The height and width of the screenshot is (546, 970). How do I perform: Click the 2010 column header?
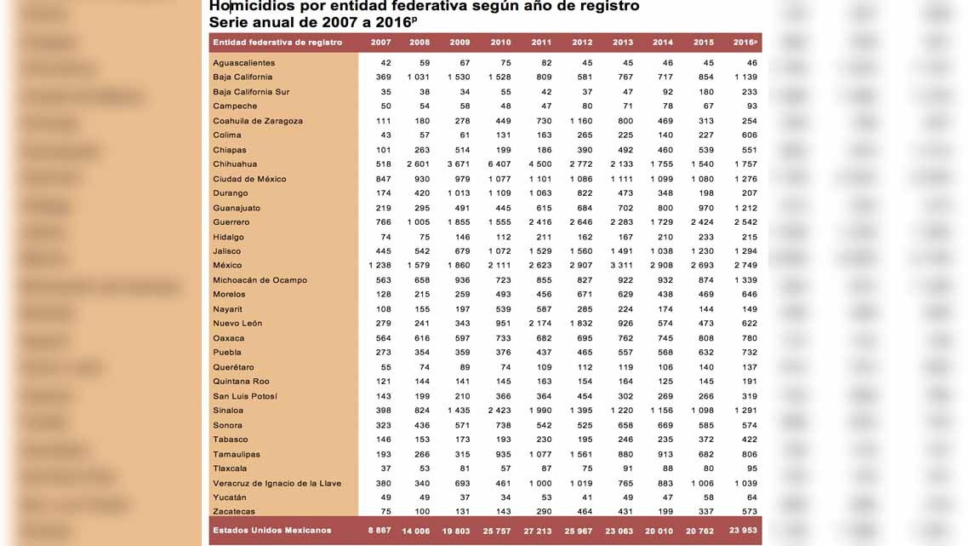(500, 43)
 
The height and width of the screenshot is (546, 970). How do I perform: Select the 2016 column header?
(745, 43)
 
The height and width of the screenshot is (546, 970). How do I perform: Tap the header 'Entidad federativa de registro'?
(277, 43)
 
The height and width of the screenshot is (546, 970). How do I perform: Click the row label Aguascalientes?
(243, 63)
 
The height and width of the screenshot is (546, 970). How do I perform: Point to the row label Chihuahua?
(235, 164)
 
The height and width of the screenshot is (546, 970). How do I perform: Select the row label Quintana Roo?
(241, 382)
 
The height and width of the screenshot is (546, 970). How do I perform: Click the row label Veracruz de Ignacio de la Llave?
(277, 483)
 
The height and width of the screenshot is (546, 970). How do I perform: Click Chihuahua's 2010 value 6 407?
(500, 164)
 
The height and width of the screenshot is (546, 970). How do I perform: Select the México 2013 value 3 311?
(622, 266)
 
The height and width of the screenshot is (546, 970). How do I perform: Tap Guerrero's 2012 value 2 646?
(582, 222)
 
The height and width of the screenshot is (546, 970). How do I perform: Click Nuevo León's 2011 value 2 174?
(541, 324)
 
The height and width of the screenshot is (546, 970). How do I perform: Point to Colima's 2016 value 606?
(748, 135)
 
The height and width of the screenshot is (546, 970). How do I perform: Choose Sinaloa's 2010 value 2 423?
(500, 411)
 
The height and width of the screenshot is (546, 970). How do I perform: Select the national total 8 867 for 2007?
(379, 531)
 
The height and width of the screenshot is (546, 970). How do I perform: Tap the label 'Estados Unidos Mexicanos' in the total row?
(272, 531)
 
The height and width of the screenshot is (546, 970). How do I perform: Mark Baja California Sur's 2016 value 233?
(748, 92)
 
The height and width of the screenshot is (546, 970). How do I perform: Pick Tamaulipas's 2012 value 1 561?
(582, 455)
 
